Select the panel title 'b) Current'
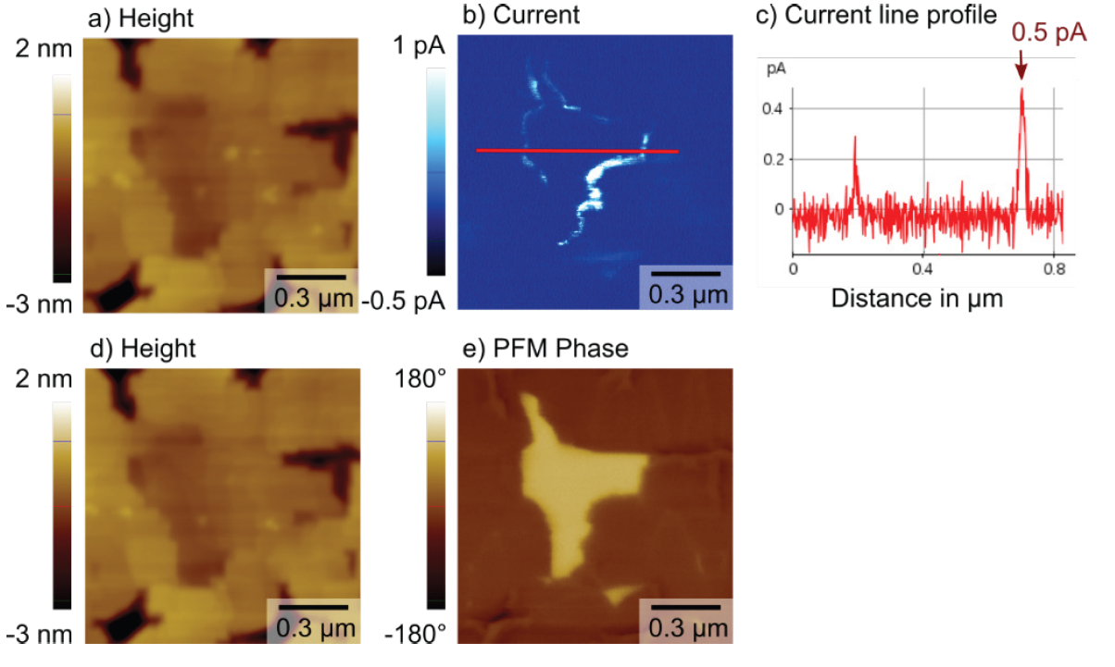click(520, 16)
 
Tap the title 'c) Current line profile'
click(876, 16)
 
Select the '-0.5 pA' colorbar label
click(406, 301)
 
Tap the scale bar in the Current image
click(685, 275)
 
